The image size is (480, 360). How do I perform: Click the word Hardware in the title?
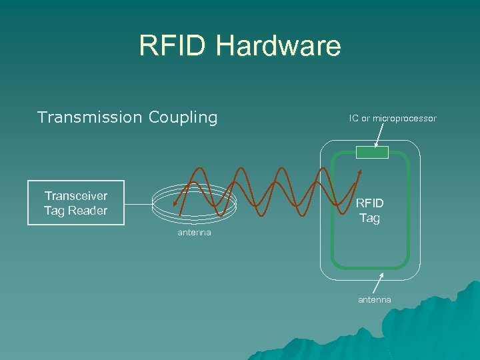278,46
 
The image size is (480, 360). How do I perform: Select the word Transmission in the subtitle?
89,117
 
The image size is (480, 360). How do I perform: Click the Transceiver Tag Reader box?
75,203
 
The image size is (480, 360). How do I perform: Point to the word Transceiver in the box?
75,196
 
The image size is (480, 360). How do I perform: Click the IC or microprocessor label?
392,118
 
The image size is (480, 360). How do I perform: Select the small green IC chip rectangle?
371,153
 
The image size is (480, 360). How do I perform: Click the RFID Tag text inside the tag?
369,211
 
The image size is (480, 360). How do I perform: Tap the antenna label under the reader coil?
194,233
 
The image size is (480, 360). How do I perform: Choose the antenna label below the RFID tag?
375,300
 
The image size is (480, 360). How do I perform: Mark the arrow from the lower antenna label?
379,283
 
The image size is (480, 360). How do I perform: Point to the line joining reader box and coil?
138,203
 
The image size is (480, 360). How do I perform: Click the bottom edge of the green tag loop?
371,267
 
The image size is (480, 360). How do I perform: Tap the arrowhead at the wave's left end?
174,205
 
